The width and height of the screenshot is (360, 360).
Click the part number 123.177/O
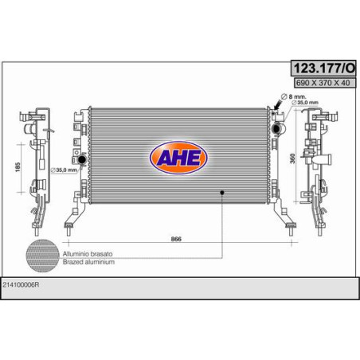tap(323, 68)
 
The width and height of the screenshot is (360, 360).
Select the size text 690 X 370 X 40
tap(323, 83)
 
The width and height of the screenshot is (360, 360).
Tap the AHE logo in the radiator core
tap(178, 158)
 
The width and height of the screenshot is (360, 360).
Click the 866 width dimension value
tap(176, 239)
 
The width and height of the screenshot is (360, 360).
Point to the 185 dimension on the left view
tap(18, 167)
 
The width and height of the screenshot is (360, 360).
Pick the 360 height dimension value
tap(292, 158)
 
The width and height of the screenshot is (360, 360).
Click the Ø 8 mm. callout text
tap(293, 96)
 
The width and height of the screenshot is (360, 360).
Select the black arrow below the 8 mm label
tap(278, 105)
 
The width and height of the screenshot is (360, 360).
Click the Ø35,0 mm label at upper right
tap(305, 103)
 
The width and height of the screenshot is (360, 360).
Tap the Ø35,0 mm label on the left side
tap(64, 170)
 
